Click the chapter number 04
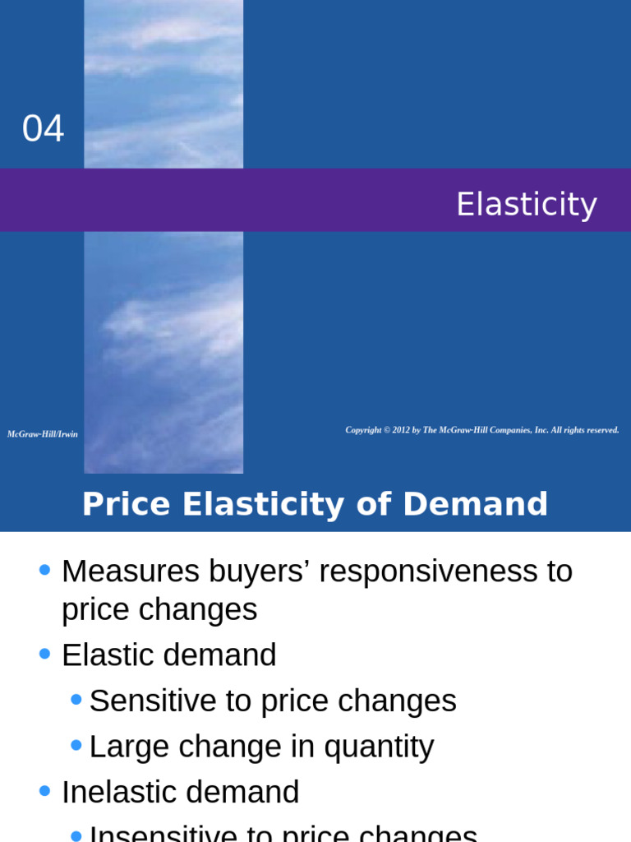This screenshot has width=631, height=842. coord(43,129)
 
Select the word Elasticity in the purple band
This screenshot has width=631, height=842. coord(526,204)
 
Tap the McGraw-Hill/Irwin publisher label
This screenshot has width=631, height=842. coord(43,434)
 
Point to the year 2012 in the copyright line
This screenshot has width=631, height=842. coord(401,430)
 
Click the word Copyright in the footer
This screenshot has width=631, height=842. coord(363,430)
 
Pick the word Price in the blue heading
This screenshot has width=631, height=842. coord(127,504)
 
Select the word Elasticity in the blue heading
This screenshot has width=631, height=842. coord(263,504)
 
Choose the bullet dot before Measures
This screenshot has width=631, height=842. coord(44,569)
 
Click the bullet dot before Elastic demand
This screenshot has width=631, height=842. coord(44,654)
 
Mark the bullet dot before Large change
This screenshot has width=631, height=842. coord(76,745)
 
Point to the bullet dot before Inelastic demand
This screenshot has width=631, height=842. coord(44,791)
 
